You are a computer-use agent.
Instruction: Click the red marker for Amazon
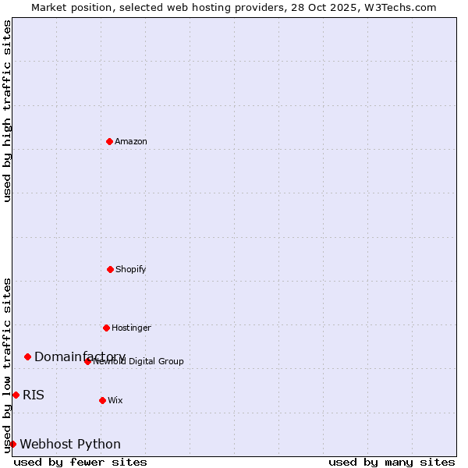[x=109, y=141]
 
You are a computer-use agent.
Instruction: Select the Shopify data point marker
[x=110, y=269]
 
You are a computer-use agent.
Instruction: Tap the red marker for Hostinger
[x=106, y=328]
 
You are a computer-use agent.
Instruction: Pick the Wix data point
[x=102, y=400]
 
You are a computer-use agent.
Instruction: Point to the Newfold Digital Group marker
[x=87, y=361]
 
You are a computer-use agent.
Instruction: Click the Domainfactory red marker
[x=27, y=356]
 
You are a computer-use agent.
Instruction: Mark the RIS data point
[x=16, y=395]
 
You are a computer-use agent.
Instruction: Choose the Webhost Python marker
[x=12, y=444]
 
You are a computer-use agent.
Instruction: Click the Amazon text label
[x=131, y=141]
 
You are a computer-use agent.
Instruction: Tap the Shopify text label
[x=131, y=269]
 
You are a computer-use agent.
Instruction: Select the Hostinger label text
[x=131, y=328]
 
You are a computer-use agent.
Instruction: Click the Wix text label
[x=115, y=400]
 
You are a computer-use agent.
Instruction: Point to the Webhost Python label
[x=70, y=445]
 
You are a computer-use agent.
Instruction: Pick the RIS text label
[x=34, y=395]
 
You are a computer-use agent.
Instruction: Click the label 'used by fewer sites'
[x=80, y=462]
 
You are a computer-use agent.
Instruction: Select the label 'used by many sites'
[x=392, y=462]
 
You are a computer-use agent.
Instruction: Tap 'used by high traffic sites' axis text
[x=7, y=111]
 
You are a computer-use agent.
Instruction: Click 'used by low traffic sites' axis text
[x=7, y=364]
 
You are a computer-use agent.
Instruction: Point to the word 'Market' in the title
[x=49, y=7]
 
